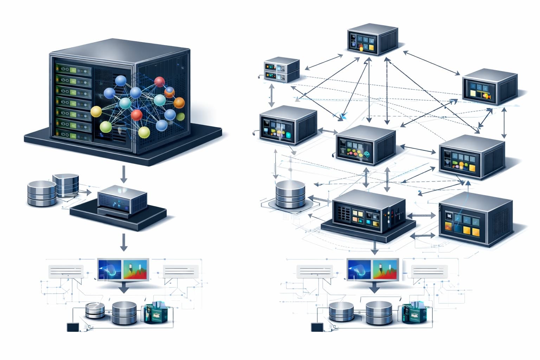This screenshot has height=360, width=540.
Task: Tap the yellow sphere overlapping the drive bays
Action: tap(96, 112)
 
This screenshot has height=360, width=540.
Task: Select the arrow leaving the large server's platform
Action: tap(123, 174)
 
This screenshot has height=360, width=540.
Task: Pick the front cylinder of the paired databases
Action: tap(41, 193)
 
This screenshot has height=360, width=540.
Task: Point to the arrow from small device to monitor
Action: tap(123, 242)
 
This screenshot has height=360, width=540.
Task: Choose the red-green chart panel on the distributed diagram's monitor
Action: tap(385, 270)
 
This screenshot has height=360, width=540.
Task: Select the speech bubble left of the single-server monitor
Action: tap(66, 271)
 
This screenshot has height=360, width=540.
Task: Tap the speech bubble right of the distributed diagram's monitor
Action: tap(430, 271)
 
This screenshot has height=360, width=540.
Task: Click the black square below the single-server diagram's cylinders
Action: tap(73, 327)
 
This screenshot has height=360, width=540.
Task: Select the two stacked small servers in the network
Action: tap(282, 70)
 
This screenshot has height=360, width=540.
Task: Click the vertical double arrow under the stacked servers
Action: tap(271, 95)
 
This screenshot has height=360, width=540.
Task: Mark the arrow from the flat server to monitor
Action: tap(375, 248)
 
